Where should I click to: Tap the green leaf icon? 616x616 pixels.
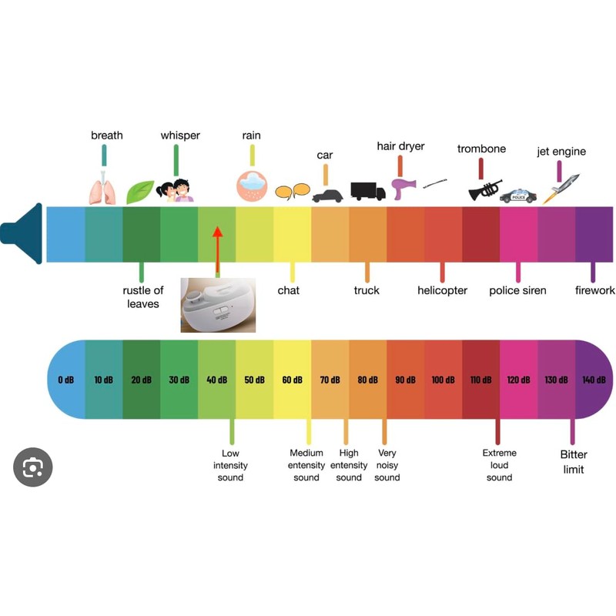click(139, 192)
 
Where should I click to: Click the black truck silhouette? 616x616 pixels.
click(367, 190)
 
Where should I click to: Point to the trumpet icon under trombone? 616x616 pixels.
click(484, 189)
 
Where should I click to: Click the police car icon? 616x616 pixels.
click(518, 196)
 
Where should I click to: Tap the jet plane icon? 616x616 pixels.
click(560, 189)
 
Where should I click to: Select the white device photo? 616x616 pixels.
click(217, 305)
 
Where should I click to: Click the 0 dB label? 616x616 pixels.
click(66, 380)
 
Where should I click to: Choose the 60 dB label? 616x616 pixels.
click(292, 380)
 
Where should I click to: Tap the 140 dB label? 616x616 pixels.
click(594, 380)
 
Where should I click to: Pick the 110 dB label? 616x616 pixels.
click(480, 380)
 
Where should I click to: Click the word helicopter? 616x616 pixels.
click(442, 291)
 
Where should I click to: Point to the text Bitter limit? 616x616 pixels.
click(573, 462)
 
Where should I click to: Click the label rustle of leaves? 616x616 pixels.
click(142, 297)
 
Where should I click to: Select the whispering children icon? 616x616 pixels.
click(175, 190)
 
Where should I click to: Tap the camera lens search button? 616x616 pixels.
click(32, 467)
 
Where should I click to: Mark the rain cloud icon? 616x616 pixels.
click(252, 186)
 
